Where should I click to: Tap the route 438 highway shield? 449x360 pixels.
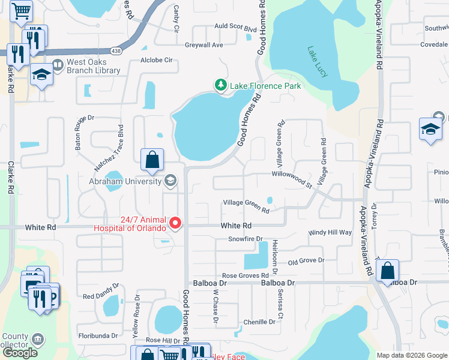pos(115,52)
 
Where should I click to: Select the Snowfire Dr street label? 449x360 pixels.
pos(246,239)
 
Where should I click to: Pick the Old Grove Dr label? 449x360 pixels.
pos(306,261)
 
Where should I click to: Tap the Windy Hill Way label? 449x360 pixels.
pos(330,232)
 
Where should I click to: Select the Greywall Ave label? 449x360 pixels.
pos(203,45)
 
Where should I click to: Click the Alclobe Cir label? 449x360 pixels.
pos(156,61)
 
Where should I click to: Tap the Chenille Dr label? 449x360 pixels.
pos(259,322)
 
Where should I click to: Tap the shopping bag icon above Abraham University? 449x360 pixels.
pos(152,160)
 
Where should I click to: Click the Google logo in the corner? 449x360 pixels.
pos(20,353)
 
